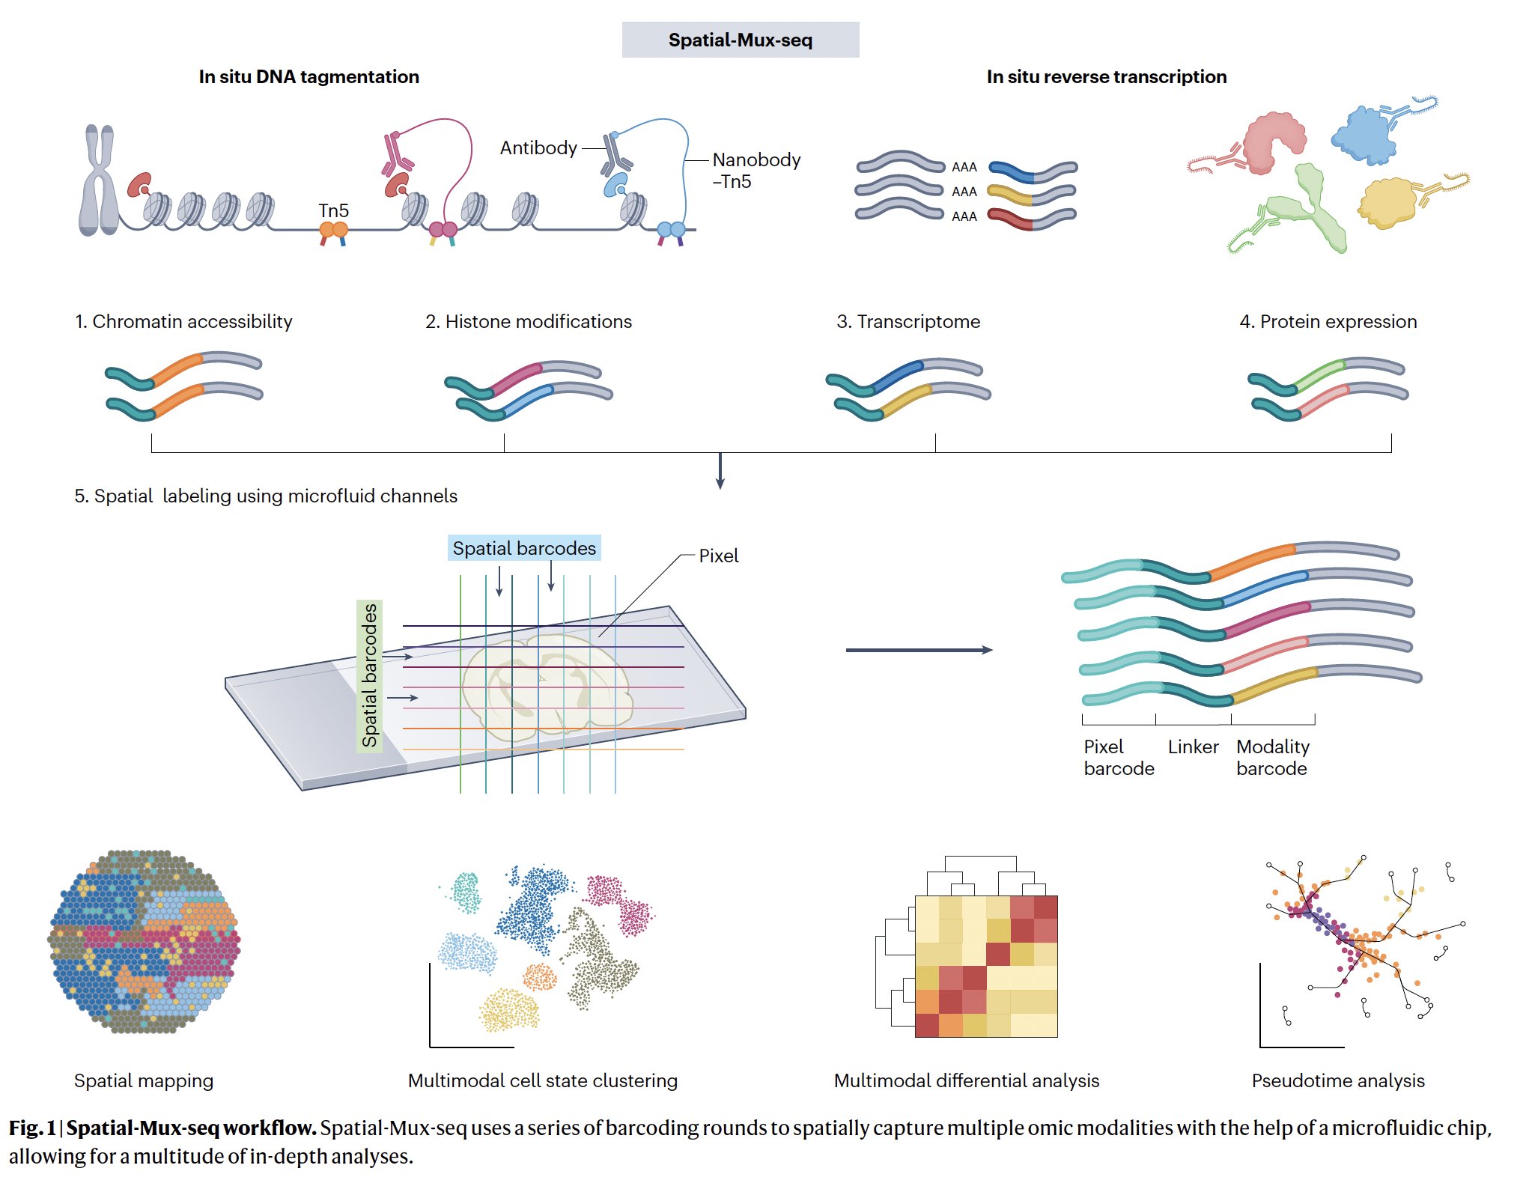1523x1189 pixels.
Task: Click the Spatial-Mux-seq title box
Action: click(x=740, y=40)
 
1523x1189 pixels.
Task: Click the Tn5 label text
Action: click(x=333, y=210)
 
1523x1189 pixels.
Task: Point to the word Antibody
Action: click(x=538, y=148)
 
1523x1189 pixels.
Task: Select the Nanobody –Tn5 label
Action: click(x=755, y=170)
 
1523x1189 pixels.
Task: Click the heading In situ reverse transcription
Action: click(x=1106, y=76)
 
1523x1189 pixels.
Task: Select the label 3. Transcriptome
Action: click(x=908, y=321)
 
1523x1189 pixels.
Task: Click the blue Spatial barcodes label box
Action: click(x=524, y=548)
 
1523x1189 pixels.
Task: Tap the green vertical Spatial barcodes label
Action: click(x=369, y=675)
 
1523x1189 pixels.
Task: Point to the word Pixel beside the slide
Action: click(x=718, y=556)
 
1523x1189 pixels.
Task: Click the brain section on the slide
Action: click(x=547, y=681)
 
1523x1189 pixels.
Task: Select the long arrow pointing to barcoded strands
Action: click(x=919, y=650)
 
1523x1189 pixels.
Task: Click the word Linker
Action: click(x=1193, y=746)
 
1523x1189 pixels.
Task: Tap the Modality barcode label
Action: click(x=1272, y=757)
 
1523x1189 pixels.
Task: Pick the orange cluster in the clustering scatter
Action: click(x=540, y=977)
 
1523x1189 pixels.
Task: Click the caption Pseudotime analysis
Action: click(x=1337, y=1080)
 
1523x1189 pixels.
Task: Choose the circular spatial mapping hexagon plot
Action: click(x=144, y=942)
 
